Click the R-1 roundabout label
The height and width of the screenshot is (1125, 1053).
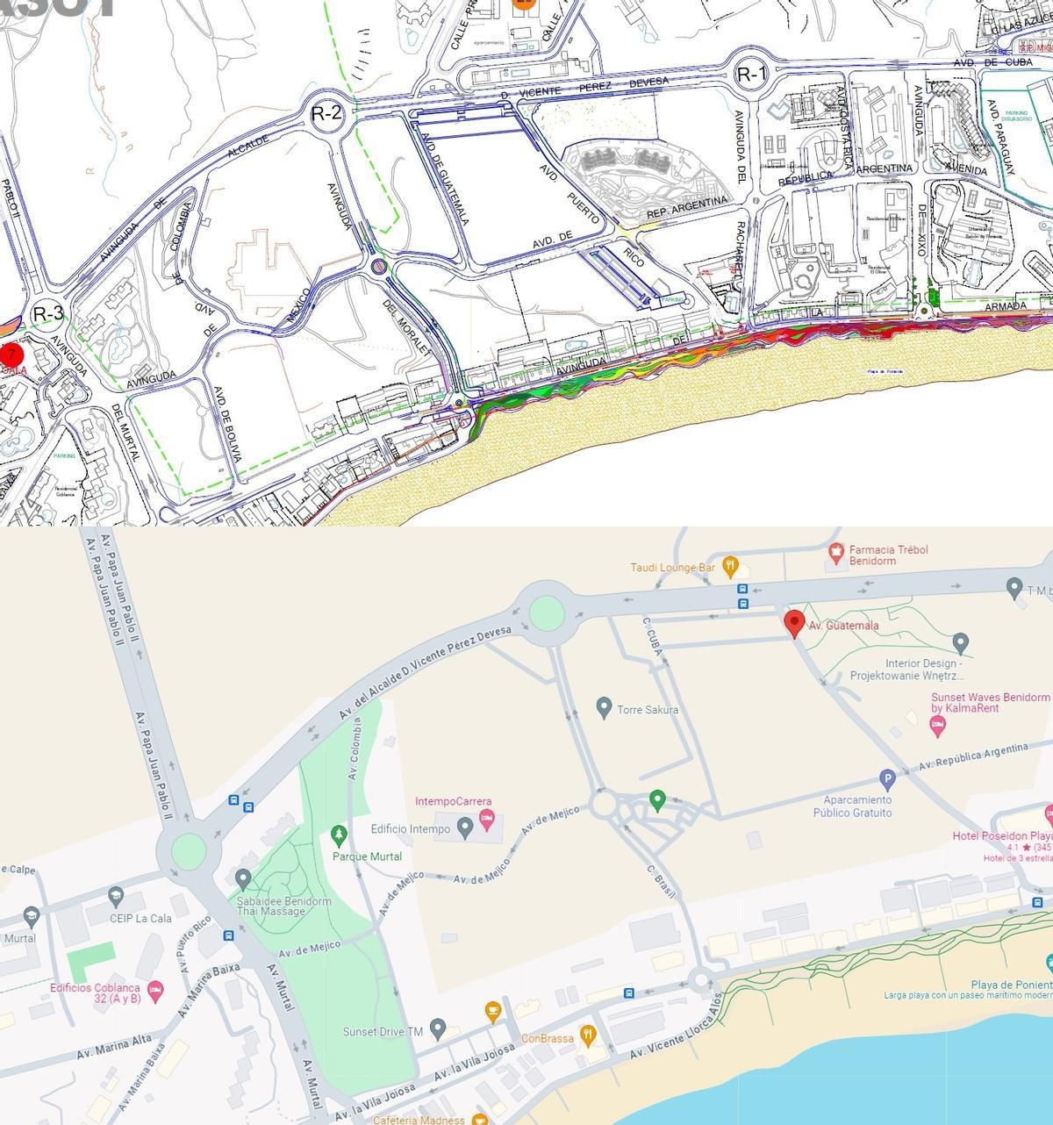pyautogui.click(x=751, y=75)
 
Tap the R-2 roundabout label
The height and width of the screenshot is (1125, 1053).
pyautogui.click(x=326, y=112)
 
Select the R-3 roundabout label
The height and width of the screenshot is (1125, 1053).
pyautogui.click(x=48, y=313)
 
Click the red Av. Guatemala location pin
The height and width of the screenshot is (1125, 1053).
pyautogui.click(x=794, y=623)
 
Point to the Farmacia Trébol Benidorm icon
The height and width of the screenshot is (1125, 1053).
pyautogui.click(x=836, y=553)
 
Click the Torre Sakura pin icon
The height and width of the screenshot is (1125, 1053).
pyautogui.click(x=604, y=706)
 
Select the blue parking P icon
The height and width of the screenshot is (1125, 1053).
pyautogui.click(x=887, y=778)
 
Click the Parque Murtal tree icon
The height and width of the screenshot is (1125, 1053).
pyautogui.click(x=339, y=834)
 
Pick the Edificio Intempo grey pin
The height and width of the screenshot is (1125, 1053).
pyautogui.click(x=465, y=828)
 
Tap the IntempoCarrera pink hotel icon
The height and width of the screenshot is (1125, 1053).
pyautogui.click(x=487, y=820)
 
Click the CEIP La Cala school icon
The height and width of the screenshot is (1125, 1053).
pyautogui.click(x=115, y=896)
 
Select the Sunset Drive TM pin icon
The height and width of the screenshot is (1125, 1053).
pyautogui.click(x=439, y=1028)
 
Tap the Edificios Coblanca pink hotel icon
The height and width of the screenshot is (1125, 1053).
pyautogui.click(x=155, y=992)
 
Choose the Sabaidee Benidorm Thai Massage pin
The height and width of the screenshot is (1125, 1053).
pyautogui.click(x=244, y=878)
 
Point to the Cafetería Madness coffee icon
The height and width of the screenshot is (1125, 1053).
pyautogui.click(x=479, y=1119)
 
